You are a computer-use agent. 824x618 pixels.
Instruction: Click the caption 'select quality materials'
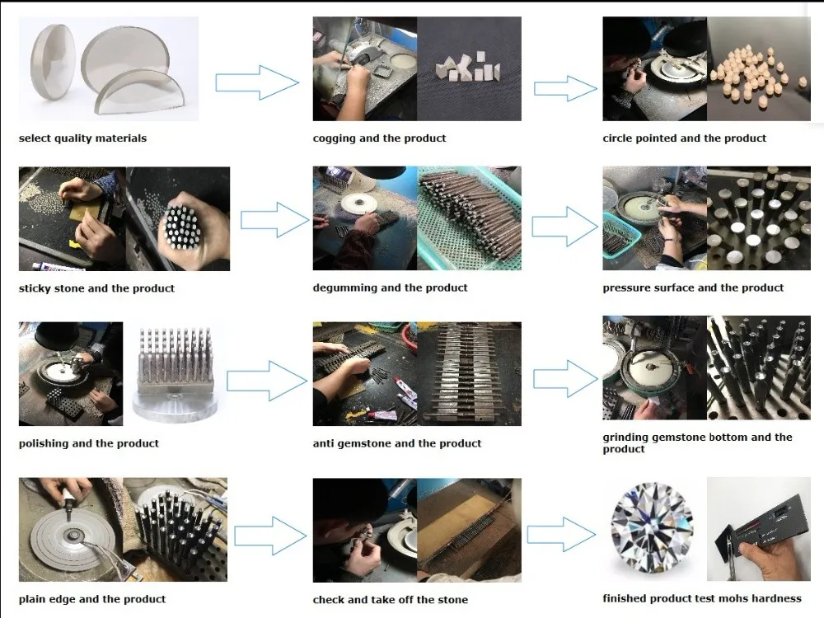(82, 138)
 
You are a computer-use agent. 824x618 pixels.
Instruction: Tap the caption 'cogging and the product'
(379, 138)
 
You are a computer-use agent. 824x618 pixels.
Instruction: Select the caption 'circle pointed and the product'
(684, 138)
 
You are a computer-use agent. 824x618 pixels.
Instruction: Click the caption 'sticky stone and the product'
(96, 288)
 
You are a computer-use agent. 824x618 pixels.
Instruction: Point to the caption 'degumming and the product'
(390, 288)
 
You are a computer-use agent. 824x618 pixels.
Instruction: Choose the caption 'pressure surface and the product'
(693, 288)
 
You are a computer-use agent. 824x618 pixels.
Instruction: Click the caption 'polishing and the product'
(89, 443)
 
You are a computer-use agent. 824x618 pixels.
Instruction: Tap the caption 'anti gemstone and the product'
(397, 443)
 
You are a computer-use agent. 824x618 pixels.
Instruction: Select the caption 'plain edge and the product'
(92, 599)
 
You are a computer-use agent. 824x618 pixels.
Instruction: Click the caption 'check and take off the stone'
(390, 600)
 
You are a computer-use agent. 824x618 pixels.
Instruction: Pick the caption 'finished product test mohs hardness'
(702, 599)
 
